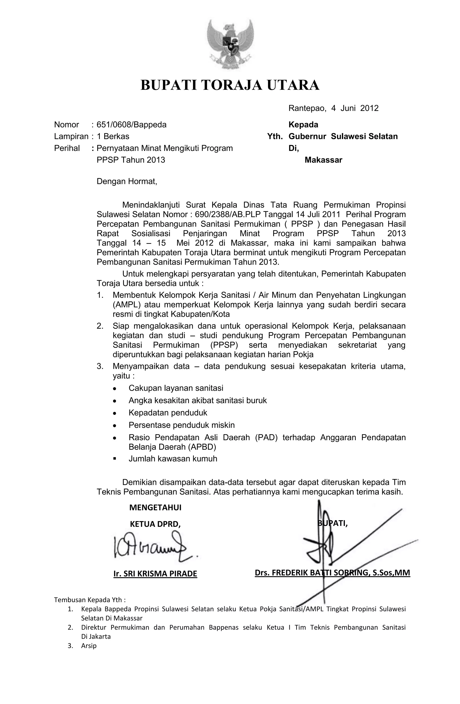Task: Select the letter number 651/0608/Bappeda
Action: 131,125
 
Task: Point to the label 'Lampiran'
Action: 71,136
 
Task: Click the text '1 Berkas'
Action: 113,136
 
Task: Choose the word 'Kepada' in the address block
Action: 303,125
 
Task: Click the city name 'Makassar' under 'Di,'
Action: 323,160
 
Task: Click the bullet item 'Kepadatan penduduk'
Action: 168,413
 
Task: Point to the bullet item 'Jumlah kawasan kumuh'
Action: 173,458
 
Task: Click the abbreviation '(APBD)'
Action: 202,447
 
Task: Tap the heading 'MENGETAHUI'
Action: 155,508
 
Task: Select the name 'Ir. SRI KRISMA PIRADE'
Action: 155,574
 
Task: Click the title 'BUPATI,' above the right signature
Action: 333,523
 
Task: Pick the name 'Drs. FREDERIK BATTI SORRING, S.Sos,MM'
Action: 332,573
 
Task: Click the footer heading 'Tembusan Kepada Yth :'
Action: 90,600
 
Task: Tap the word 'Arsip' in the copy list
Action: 89,646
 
